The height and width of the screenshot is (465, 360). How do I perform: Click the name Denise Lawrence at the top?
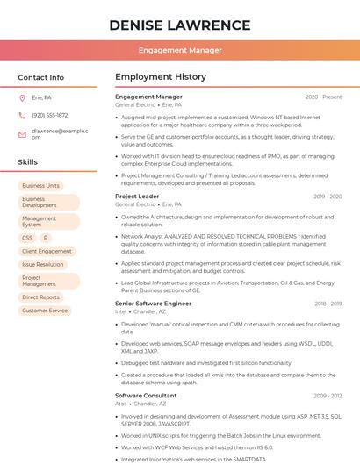(180, 25)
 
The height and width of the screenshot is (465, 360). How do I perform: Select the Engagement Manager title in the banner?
(180, 50)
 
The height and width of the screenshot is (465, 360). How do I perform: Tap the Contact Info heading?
(40, 77)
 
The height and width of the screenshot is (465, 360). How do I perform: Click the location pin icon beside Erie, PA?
(22, 97)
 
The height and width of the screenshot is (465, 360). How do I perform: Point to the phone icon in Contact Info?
(22, 115)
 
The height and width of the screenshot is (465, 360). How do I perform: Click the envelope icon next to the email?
(22, 133)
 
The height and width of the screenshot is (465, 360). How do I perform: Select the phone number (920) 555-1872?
(49, 115)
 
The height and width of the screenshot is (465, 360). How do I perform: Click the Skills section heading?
(28, 162)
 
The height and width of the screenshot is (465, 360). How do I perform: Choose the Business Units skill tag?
(40, 186)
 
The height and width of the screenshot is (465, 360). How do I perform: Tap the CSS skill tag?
(27, 238)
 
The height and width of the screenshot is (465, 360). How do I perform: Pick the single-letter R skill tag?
(45, 238)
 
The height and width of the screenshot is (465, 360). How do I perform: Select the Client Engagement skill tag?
(47, 251)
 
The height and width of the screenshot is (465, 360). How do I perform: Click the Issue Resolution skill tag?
(43, 264)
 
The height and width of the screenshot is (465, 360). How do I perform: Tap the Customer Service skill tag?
(45, 311)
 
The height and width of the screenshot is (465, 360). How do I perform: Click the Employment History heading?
(160, 77)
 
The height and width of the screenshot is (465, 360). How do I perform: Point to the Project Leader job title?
(137, 197)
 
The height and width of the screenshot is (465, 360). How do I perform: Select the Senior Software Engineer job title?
(153, 304)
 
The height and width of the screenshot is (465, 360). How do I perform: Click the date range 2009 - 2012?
(328, 396)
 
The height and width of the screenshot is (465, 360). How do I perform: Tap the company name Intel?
(120, 311)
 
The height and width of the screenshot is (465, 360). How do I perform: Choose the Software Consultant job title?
(146, 396)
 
